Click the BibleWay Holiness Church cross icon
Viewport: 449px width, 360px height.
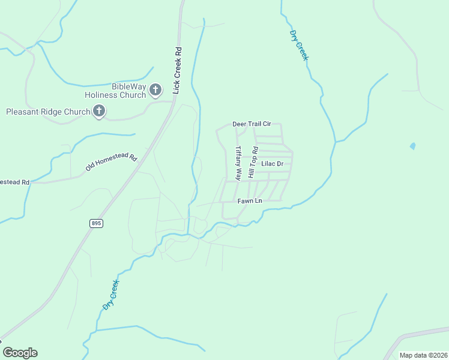[155, 91]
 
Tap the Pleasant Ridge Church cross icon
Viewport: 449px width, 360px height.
[99, 111]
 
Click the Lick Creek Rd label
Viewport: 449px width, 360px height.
[177, 70]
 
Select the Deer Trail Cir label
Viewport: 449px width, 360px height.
[252, 124]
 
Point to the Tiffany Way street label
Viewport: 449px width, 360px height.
[238, 163]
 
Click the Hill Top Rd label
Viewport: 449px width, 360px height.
[255, 163]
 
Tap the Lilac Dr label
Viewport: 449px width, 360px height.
[272, 163]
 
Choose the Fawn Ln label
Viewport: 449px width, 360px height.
[250, 200]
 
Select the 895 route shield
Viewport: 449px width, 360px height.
[96, 223]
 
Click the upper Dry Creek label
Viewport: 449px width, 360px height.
[298, 45]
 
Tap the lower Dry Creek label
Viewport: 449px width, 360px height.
[110, 294]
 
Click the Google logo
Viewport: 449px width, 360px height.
[20, 353]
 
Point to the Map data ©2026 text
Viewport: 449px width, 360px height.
[423, 355]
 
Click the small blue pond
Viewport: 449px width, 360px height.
[412, 146]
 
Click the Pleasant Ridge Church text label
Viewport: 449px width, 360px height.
[47, 112]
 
